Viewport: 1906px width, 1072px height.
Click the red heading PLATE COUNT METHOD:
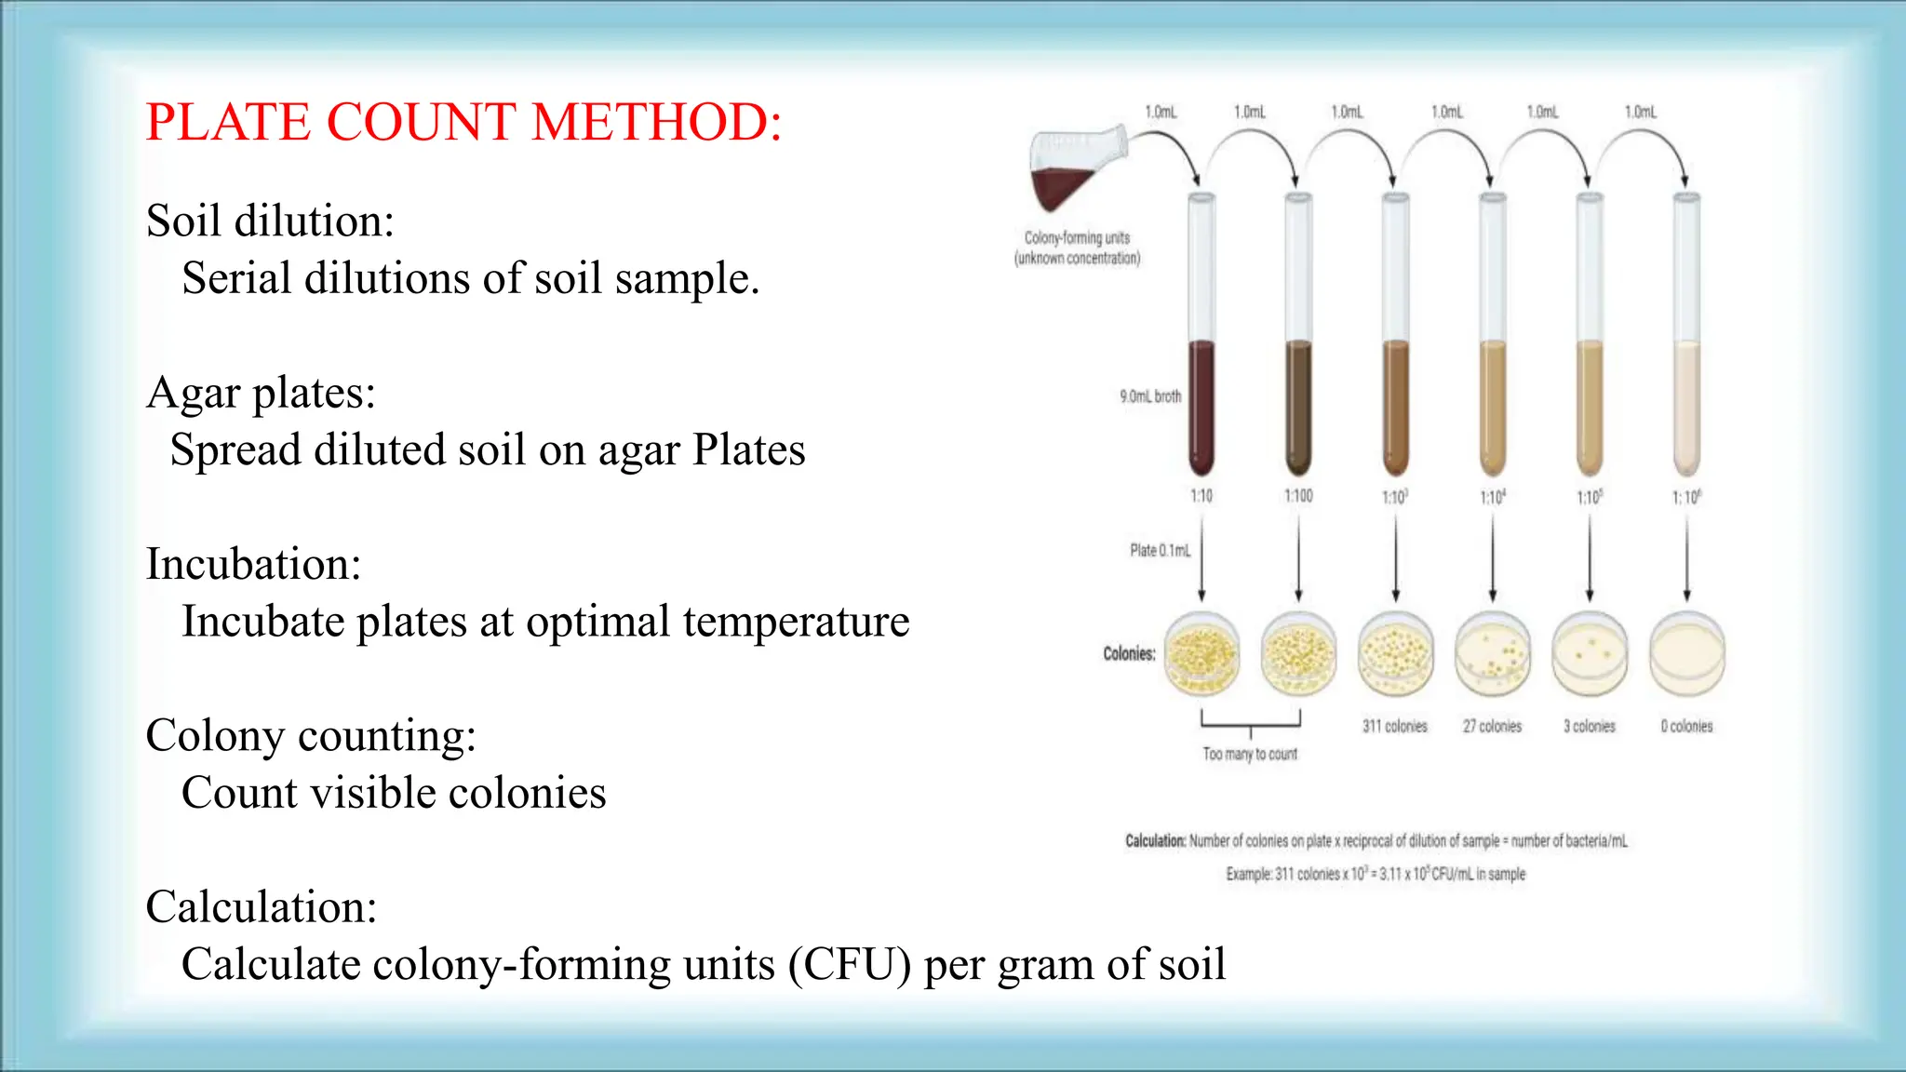[463, 122]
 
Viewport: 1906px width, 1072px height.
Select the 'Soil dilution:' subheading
[270, 221]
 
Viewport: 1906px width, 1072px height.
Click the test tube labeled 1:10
[1201, 354]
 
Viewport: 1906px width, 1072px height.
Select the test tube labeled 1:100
[1298, 354]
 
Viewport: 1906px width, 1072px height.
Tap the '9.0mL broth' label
[1150, 396]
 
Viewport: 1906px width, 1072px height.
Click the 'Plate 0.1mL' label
[1160, 551]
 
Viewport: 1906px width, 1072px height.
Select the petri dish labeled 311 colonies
[1395, 654]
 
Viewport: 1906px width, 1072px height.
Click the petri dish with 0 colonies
[1686, 654]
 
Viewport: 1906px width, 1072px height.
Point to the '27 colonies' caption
[1492, 726]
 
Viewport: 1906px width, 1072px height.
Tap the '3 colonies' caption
[1589, 726]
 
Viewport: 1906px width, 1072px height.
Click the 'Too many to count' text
[1249, 754]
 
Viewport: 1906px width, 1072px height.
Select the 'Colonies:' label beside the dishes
[1129, 654]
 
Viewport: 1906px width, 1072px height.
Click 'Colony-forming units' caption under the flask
[1077, 238]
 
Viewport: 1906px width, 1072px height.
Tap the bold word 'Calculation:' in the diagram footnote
[1155, 841]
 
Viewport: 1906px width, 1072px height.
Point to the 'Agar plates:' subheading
[261, 393]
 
